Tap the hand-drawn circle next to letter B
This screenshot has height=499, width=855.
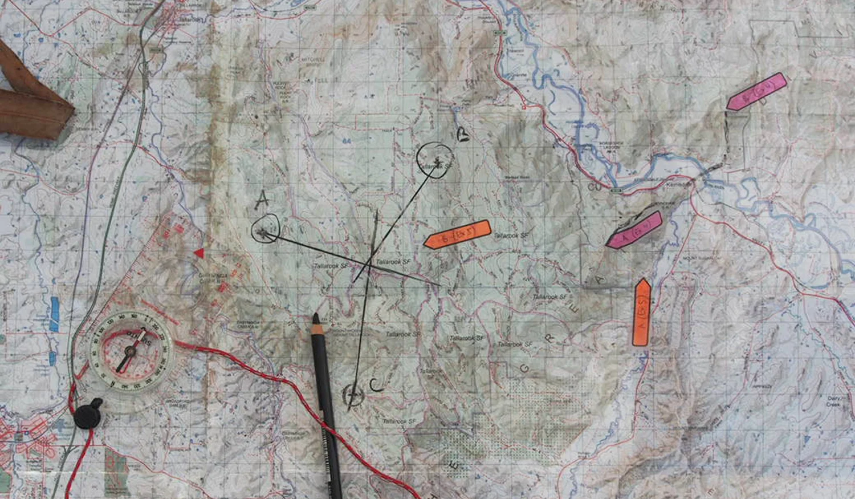pos(435,160)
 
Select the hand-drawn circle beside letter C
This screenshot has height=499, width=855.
pos(353,395)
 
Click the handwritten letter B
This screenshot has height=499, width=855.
pos(463,134)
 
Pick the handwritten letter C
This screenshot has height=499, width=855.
pos(376,386)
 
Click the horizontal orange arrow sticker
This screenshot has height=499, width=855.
pos(457,234)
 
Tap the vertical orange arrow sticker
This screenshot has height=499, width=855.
pos(642,313)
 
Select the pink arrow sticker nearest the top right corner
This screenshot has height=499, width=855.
pos(756,91)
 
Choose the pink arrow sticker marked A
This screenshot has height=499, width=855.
pos(634,230)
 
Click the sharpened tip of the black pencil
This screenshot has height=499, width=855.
pos(315,315)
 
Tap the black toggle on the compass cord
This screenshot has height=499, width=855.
pos(88,415)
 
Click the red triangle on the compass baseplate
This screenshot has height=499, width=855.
pos(198,253)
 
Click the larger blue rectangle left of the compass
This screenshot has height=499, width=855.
pos(54,314)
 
